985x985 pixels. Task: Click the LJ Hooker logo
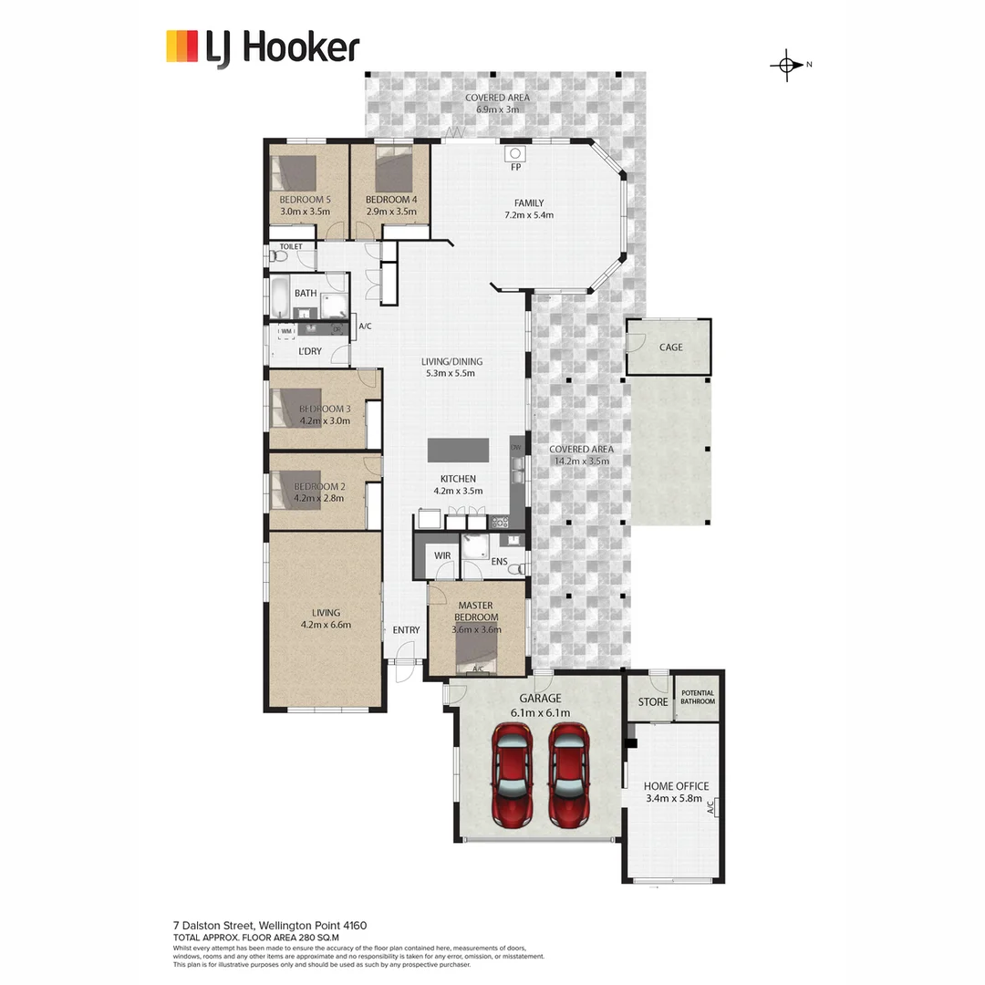point(262,47)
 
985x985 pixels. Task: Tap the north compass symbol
point(786,65)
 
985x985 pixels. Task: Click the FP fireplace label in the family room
point(515,168)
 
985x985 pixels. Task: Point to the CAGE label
point(670,347)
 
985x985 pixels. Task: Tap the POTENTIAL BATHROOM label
point(698,698)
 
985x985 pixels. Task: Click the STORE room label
point(652,701)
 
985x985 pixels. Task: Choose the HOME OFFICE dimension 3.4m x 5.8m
point(675,799)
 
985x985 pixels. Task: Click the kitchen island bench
point(458,451)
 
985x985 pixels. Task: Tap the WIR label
point(442,555)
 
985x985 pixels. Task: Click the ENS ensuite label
point(499,562)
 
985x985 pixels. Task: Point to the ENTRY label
point(406,630)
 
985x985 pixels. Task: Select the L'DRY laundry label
point(310,351)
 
